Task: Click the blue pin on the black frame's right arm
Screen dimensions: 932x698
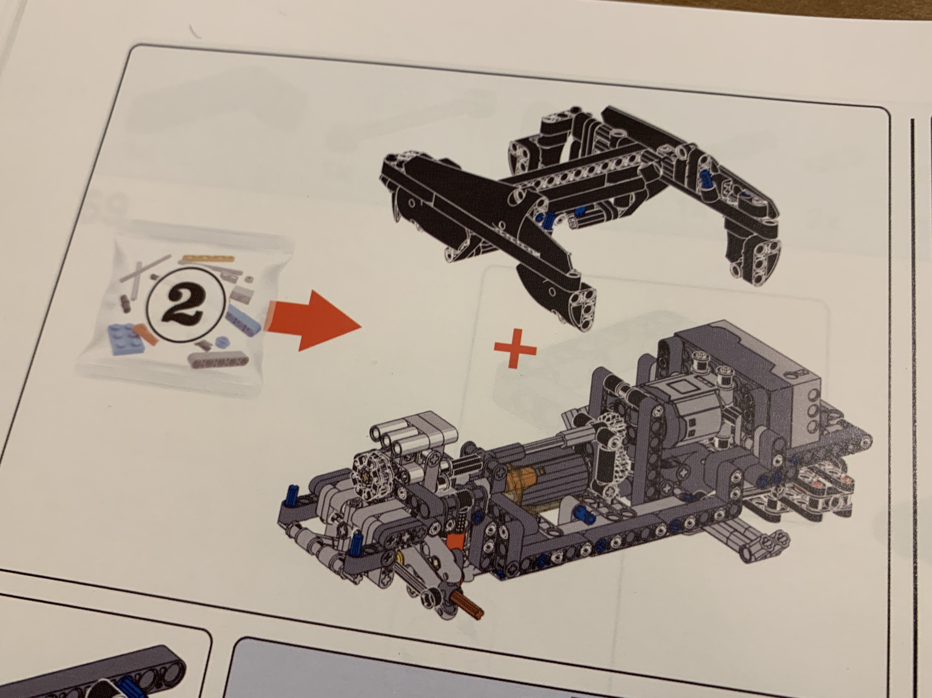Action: click(705, 179)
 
